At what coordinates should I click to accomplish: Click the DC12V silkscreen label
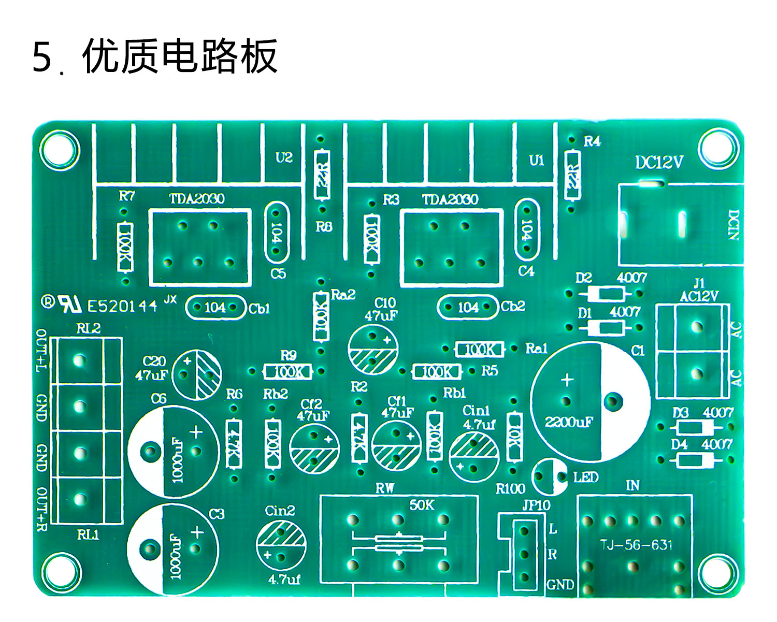click(659, 163)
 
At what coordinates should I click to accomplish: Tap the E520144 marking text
click(122, 306)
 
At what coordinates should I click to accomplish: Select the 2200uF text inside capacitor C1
click(568, 422)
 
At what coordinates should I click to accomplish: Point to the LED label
click(586, 477)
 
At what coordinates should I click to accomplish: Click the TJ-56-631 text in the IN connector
click(636, 545)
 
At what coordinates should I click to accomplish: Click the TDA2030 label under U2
click(197, 199)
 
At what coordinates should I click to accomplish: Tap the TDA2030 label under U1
click(450, 199)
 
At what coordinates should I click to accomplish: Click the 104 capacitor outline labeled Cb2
click(468, 308)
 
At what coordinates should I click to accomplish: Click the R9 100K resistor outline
click(288, 371)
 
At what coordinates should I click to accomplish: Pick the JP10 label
click(536, 505)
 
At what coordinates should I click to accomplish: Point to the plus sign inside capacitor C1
click(568, 380)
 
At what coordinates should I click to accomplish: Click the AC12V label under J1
click(699, 296)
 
